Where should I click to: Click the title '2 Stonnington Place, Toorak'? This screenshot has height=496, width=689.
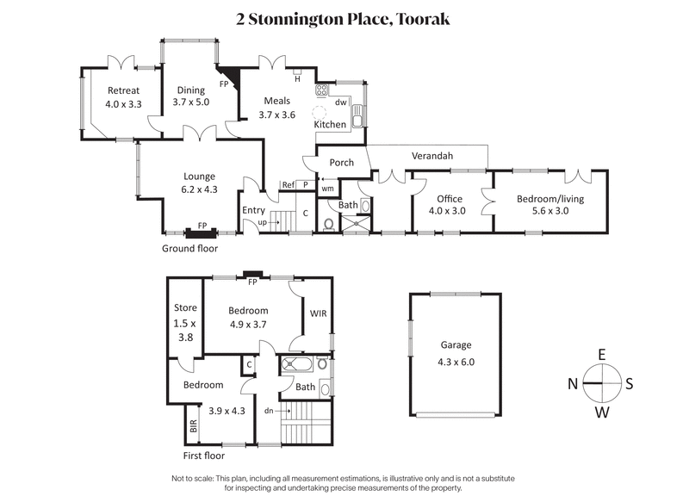pyautogui.click(x=344, y=18)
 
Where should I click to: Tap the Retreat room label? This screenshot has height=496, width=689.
pyautogui.click(x=123, y=97)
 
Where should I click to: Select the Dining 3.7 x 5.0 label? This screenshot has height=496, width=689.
pyautogui.click(x=190, y=96)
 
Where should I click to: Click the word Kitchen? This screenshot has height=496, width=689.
pyautogui.click(x=330, y=125)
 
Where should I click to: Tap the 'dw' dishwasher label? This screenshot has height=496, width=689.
pyautogui.click(x=340, y=102)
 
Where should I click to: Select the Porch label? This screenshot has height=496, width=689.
pyautogui.click(x=331, y=163)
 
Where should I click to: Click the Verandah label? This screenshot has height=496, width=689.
pyautogui.click(x=431, y=157)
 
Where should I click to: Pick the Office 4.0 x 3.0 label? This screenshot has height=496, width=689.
pyautogui.click(x=446, y=204)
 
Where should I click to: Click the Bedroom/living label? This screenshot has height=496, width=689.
pyautogui.click(x=550, y=204)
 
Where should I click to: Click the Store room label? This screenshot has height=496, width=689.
pyautogui.click(x=185, y=322)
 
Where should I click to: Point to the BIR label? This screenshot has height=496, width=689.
pyautogui.click(x=193, y=425)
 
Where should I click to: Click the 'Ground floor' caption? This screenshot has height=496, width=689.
pyautogui.click(x=189, y=248)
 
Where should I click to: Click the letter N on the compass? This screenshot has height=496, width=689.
pyautogui.click(x=572, y=384)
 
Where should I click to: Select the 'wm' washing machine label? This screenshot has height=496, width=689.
pyautogui.click(x=327, y=188)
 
